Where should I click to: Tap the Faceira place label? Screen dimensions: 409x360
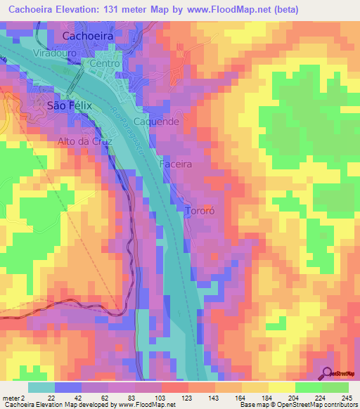click(x=176, y=164)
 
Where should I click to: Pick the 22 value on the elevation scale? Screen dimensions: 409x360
click(x=51, y=397)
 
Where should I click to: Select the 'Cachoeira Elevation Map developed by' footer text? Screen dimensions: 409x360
click(x=48, y=405)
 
